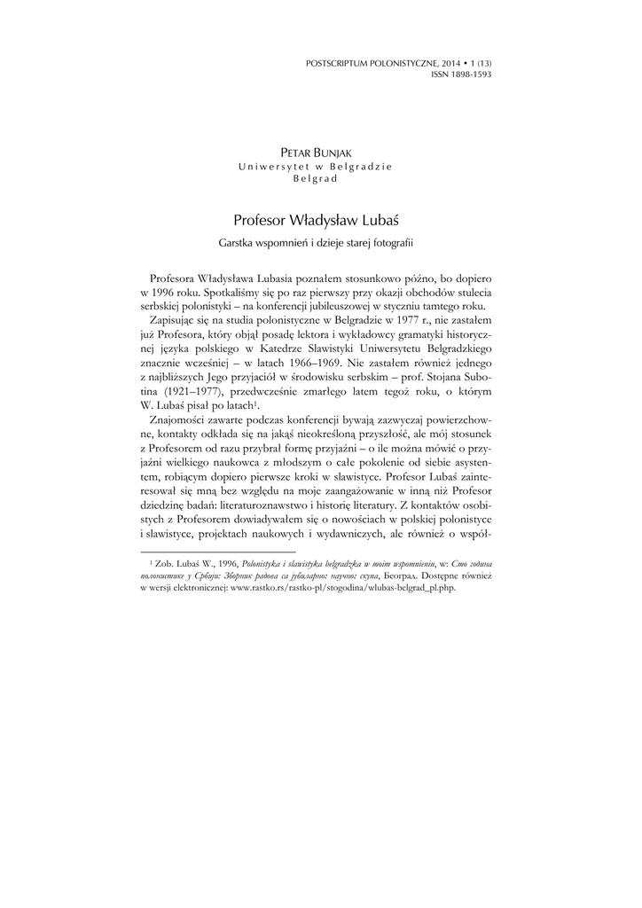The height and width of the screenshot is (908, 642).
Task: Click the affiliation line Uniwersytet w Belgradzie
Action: [x=316, y=166]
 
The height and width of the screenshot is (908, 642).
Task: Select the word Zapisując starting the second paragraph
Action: [x=176, y=342]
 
